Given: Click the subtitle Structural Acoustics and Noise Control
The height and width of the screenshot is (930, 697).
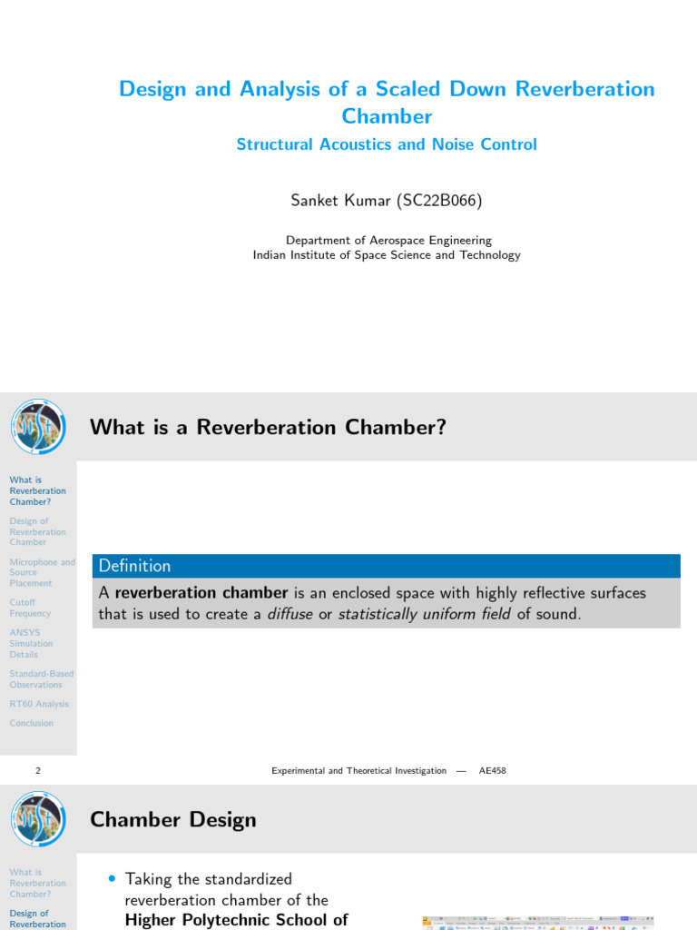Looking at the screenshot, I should click(387, 144).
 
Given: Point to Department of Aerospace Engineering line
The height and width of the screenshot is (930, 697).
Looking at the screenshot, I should click(388, 241).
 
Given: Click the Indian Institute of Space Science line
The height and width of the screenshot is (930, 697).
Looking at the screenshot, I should click(387, 255).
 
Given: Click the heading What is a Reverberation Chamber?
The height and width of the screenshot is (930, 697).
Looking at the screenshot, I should click(268, 427).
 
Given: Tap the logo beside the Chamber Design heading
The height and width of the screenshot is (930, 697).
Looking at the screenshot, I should click(38, 819).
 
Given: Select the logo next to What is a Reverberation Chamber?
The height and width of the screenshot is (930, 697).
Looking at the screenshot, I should click(38, 427).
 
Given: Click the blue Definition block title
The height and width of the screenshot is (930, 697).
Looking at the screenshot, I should click(134, 566).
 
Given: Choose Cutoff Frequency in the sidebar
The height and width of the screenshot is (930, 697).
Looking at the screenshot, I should click(30, 608).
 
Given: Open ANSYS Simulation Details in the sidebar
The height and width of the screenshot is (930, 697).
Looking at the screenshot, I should click(31, 643).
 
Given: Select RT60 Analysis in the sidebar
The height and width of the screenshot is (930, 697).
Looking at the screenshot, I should click(39, 704).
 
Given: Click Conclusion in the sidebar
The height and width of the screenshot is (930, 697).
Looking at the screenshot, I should click(32, 723).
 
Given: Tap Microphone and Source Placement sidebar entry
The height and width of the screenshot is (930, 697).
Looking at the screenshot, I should click(42, 572).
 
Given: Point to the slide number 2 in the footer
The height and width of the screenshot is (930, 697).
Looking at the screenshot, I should click(38, 770).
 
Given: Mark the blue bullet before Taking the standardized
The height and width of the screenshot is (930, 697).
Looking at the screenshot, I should click(112, 879).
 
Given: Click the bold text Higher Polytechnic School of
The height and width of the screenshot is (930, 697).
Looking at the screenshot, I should click(236, 920).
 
